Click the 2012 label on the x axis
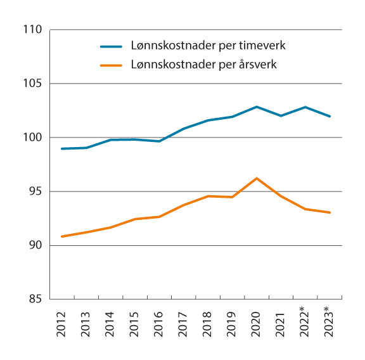click(61, 323)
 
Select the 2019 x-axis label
click(232, 323)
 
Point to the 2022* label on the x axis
click(305, 326)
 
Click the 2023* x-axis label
click(330, 326)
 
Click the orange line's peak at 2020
click(257, 178)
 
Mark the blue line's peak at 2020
click(257, 106)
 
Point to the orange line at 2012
click(61, 236)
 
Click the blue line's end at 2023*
click(330, 116)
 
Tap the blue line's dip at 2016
click(159, 141)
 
